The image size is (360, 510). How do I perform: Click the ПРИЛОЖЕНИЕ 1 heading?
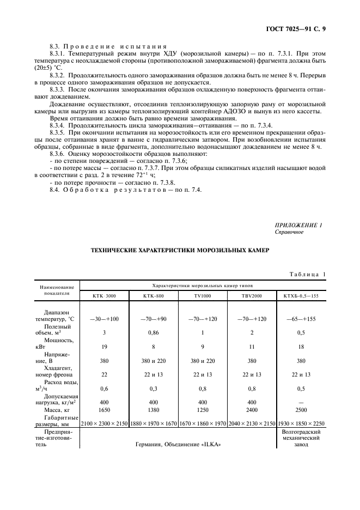298,225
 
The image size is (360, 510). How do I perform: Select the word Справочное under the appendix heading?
290,232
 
